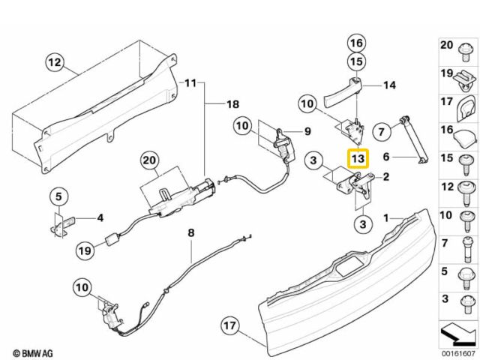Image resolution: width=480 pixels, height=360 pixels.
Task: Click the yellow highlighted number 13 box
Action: coord(358,159)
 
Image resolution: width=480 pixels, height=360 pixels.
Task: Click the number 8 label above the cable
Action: coord(190,233)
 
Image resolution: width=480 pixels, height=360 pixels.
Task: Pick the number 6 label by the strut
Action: coord(388,157)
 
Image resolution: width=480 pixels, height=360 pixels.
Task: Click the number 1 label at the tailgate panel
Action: coord(388,218)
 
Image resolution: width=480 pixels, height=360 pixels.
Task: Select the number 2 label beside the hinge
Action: coord(387,178)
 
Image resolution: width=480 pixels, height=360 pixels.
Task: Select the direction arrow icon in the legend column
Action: coord(457,330)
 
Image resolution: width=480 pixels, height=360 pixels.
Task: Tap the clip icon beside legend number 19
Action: coord(466,75)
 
